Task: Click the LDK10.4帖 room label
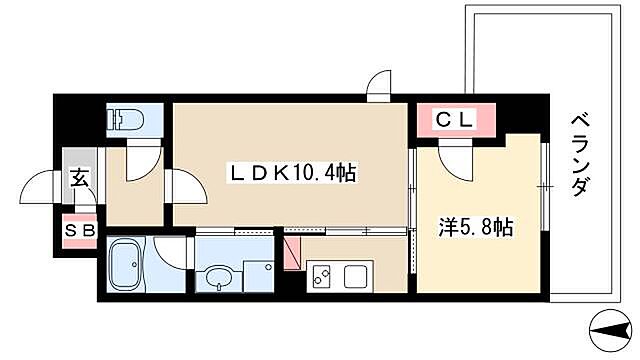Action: [x=290, y=173]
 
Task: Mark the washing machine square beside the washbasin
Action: [x=257, y=274]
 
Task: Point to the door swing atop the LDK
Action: [x=380, y=88]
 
